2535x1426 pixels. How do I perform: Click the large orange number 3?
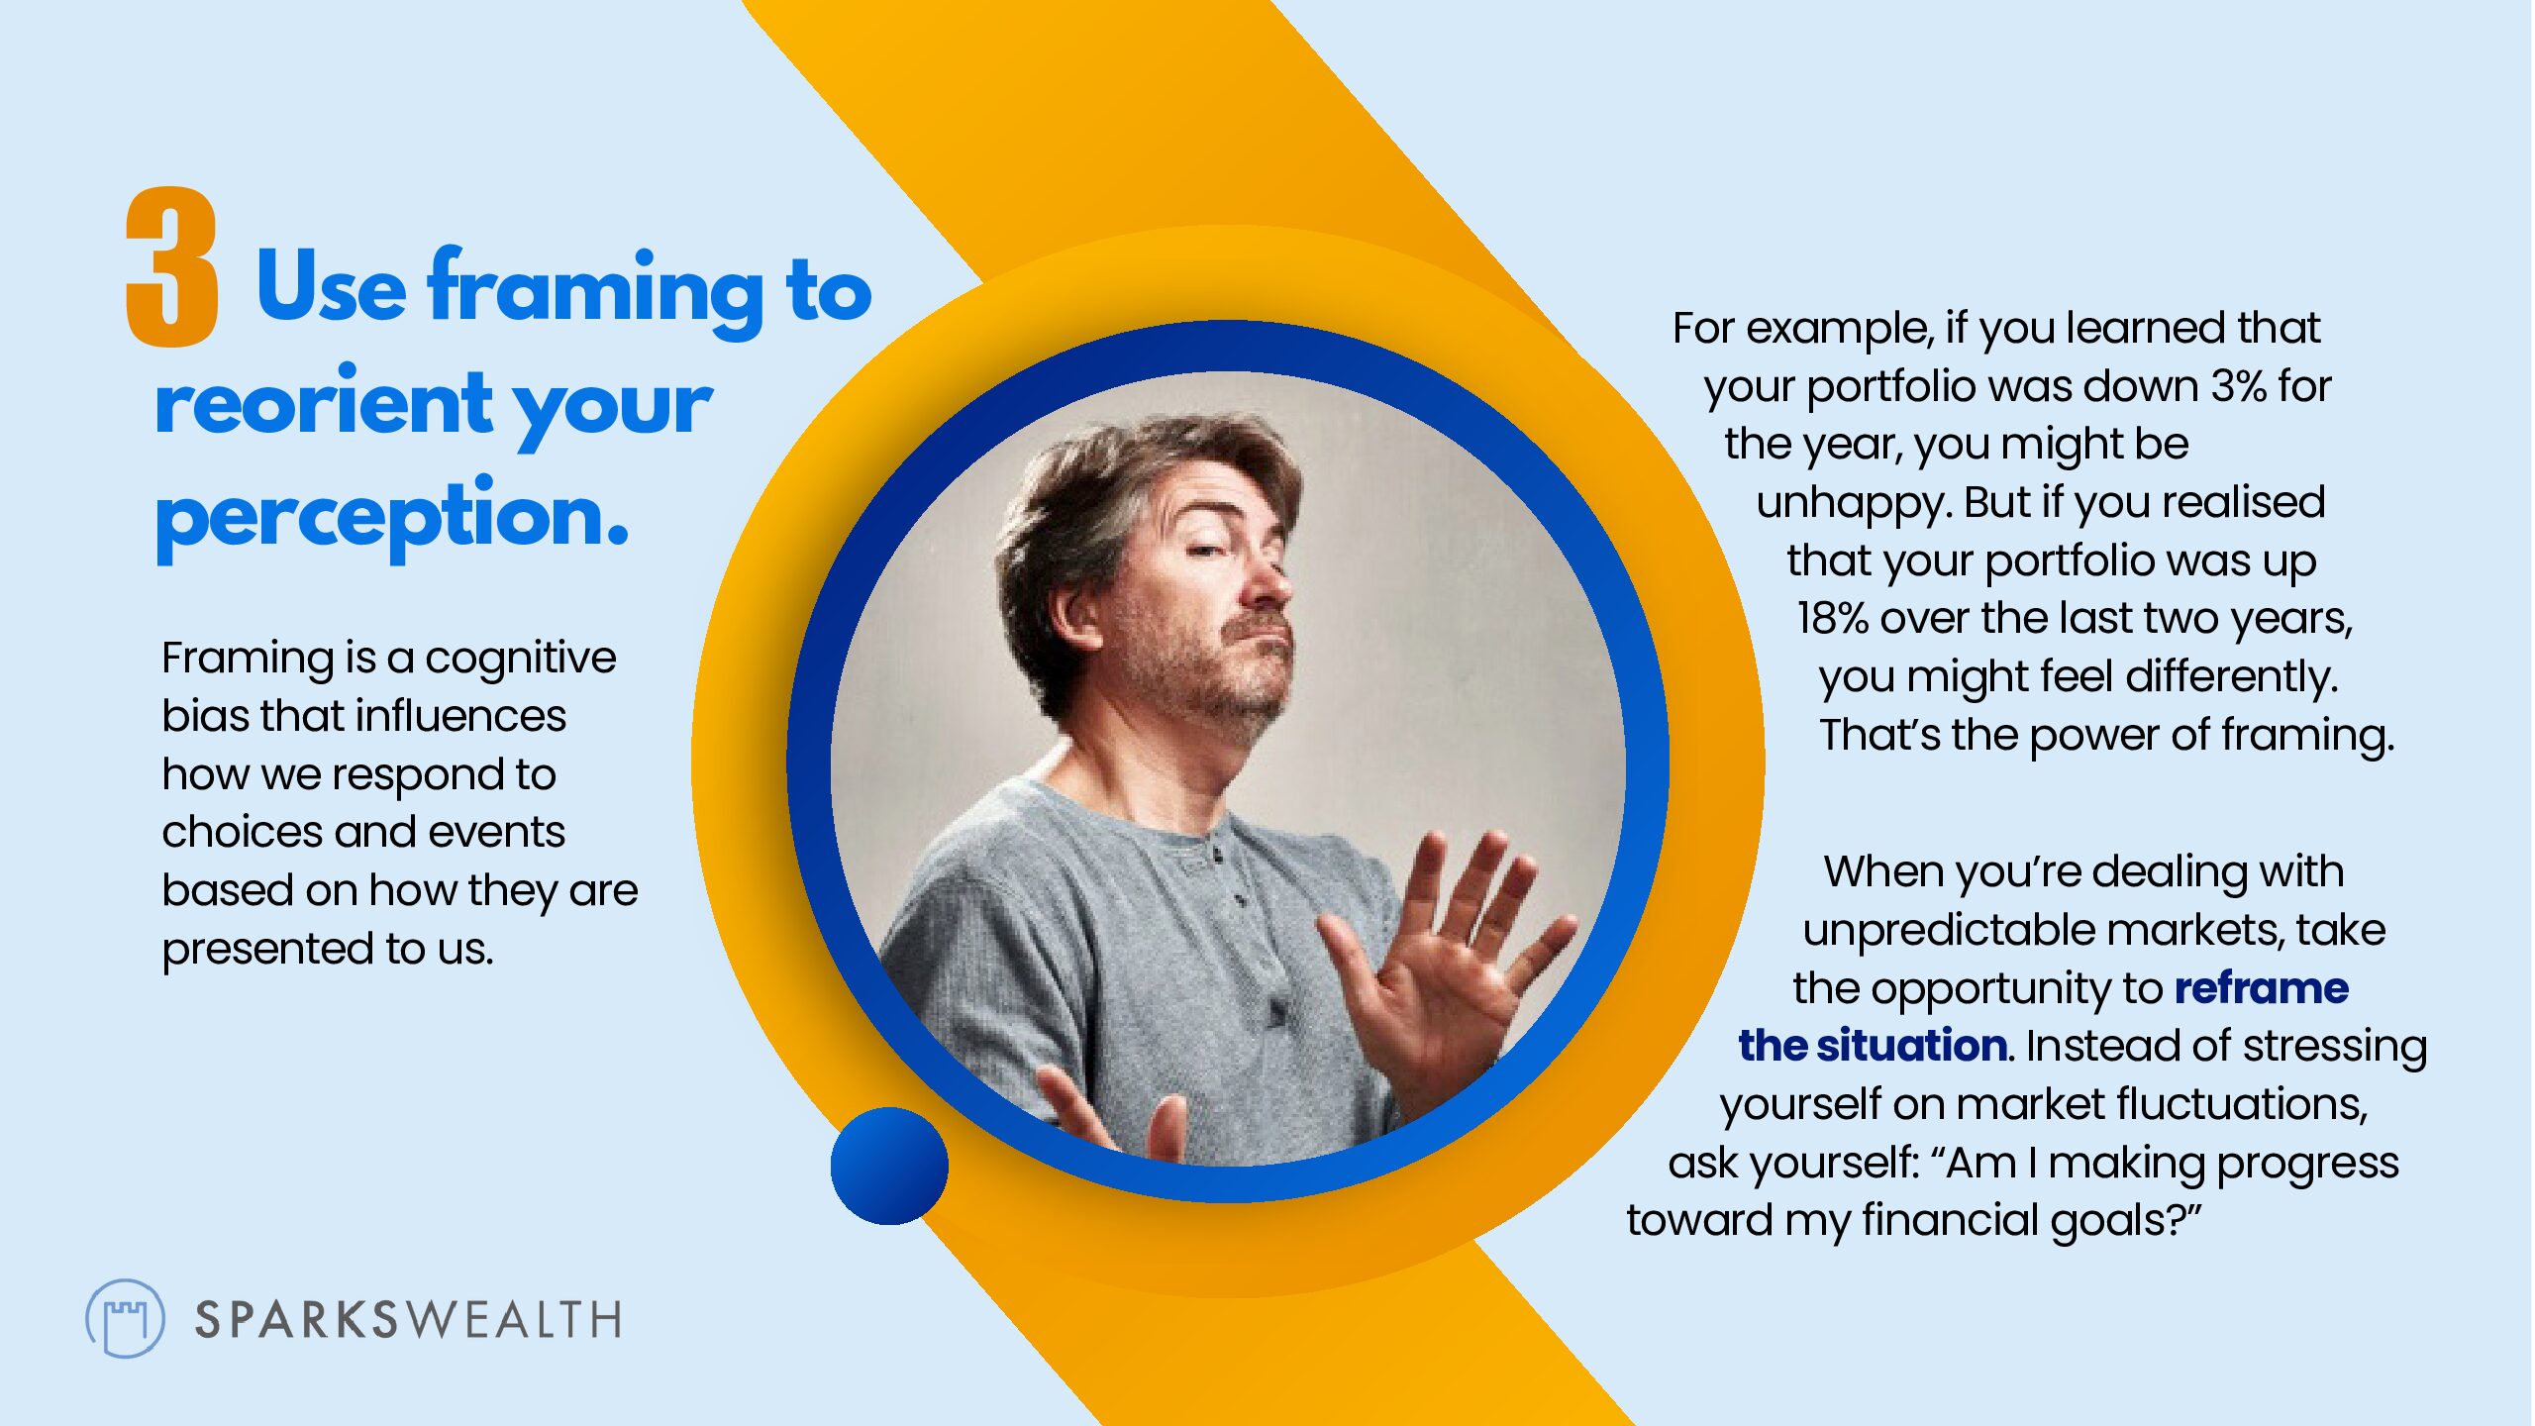coord(171,267)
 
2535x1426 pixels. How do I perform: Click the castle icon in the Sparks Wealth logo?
coord(126,1319)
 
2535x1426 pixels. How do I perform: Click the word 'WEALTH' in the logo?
coord(511,1320)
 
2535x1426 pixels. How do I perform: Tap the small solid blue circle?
coord(889,1166)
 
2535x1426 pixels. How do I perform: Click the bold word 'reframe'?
coord(2262,988)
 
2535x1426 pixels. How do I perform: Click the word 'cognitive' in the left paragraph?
coord(521,658)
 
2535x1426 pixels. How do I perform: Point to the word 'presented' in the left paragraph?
coord(266,950)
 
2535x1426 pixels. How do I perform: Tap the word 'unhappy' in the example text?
coord(1852,503)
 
